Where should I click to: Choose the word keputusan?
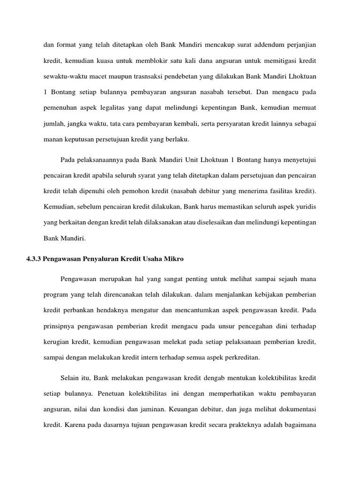89,140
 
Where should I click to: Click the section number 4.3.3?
34,259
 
